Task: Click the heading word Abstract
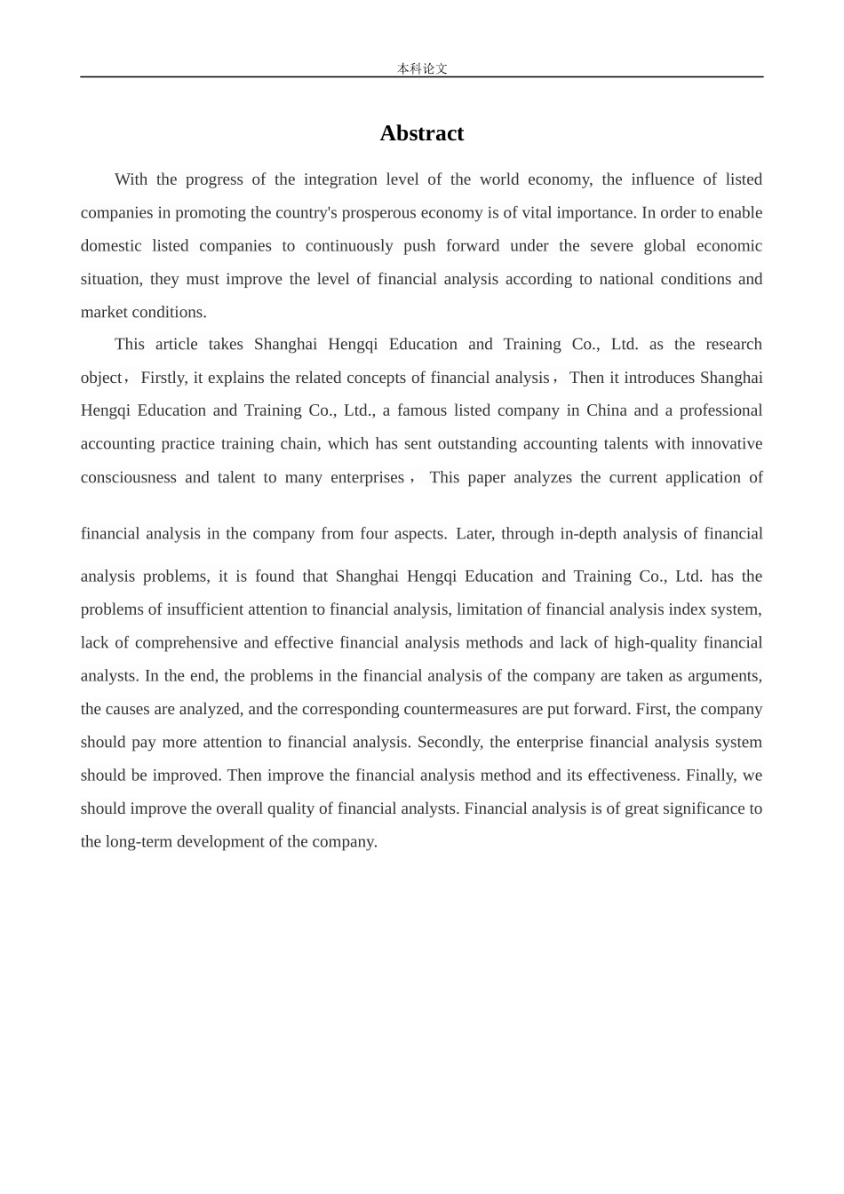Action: click(x=421, y=133)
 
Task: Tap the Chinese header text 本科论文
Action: click(x=422, y=68)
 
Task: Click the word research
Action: click(x=734, y=345)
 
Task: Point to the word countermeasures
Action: click(x=462, y=709)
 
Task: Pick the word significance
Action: click(x=704, y=808)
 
